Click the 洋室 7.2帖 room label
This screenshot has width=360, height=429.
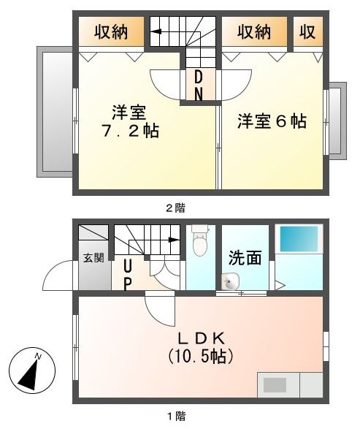coord(130,122)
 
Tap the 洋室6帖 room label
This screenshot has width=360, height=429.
coord(271,122)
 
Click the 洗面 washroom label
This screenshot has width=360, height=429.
coord(245,258)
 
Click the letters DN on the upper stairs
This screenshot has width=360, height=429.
coord(199,86)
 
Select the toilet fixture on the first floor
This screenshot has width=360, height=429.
coord(199,242)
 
